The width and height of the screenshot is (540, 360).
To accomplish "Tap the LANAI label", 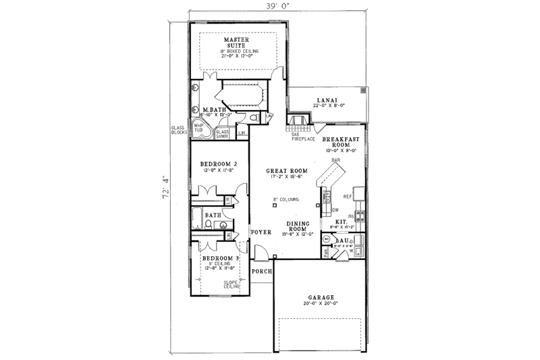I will click(x=327, y=99).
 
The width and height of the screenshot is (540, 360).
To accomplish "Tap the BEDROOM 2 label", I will click(x=219, y=163).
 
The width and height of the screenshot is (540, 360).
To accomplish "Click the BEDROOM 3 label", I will click(x=220, y=258).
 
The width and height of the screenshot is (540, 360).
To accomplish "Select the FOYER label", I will click(x=261, y=232).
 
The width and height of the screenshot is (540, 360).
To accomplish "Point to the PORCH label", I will click(x=261, y=271).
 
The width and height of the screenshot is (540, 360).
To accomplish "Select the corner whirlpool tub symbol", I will click(x=200, y=129).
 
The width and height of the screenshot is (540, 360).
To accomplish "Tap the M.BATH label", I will click(x=213, y=109).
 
